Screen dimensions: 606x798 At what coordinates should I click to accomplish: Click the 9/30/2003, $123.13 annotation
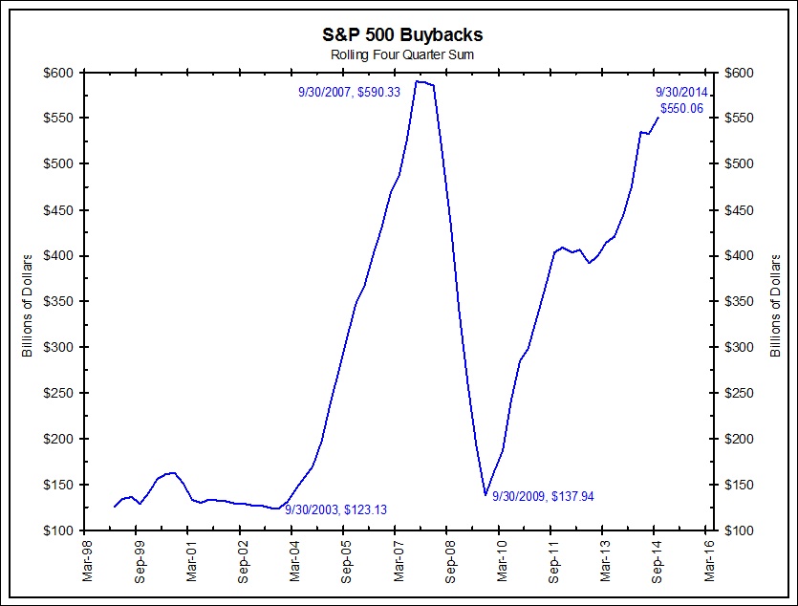(335, 509)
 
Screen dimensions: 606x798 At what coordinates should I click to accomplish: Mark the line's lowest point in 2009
(485, 495)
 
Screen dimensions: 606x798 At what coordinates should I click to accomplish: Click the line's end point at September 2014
(658, 118)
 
